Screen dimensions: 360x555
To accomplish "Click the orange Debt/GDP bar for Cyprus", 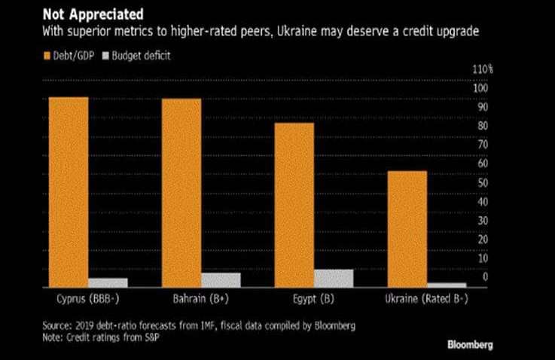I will (x=69, y=191).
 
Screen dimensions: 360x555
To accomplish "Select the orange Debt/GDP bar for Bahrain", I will (x=181, y=193).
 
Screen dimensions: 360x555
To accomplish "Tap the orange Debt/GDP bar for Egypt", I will (x=295, y=205).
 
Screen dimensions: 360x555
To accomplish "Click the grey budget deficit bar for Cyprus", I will (x=108, y=282).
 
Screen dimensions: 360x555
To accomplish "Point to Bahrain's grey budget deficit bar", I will (x=221, y=279).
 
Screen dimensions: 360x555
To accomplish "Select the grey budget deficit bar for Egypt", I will (x=334, y=278).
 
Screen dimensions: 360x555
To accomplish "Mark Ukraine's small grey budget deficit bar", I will (x=447, y=285).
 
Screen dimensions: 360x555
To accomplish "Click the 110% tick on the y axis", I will (x=483, y=69).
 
